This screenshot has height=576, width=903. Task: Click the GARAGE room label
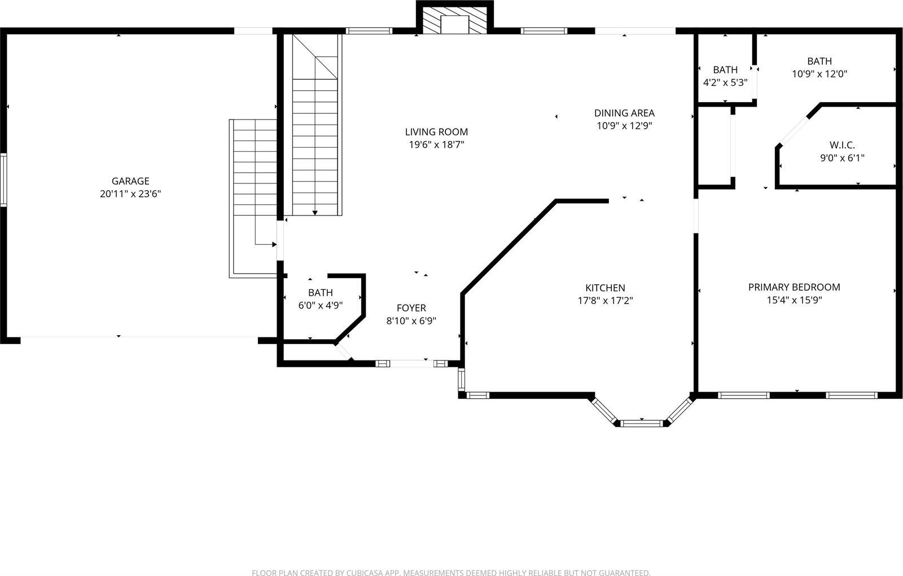click(130, 181)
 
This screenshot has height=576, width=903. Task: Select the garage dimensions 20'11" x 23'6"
click(130, 194)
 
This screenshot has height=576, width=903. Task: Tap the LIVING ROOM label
click(436, 132)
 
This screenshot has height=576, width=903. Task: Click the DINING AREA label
click(624, 113)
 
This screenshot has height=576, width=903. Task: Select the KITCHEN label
click(605, 288)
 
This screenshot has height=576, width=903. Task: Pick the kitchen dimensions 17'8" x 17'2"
click(605, 301)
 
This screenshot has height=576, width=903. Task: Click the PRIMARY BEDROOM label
click(794, 287)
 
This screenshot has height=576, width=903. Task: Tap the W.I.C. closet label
click(842, 145)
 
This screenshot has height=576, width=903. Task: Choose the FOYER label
click(411, 308)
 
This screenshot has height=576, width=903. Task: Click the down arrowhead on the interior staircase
click(315, 213)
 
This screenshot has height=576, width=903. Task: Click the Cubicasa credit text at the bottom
click(450, 573)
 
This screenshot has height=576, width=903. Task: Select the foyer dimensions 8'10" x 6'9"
click(411, 321)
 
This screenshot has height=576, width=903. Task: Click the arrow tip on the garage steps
click(274, 244)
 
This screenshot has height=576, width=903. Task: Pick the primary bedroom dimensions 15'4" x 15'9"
click(794, 300)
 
